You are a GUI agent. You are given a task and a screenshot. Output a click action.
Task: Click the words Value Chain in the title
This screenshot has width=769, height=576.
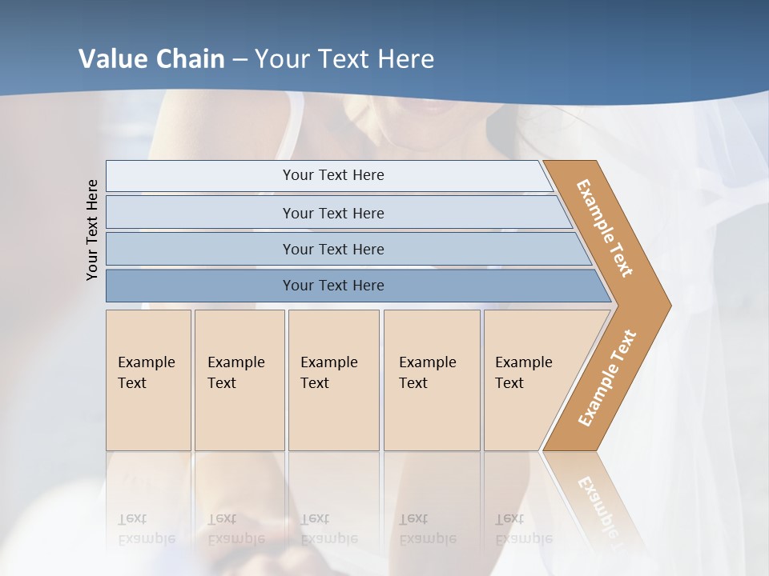(x=151, y=59)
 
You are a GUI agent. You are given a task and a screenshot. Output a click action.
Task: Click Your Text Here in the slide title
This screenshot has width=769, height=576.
(x=344, y=59)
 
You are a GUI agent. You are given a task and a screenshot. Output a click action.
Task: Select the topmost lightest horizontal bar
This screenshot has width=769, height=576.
(x=332, y=175)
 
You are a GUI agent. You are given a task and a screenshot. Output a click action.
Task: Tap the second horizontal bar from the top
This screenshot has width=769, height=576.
(x=332, y=213)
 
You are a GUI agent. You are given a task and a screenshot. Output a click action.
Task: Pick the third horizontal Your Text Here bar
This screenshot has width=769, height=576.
(x=332, y=249)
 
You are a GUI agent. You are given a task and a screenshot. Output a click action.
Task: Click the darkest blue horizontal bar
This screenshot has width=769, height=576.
(x=332, y=286)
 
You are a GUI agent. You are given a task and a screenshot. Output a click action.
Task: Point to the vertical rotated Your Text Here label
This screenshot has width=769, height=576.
(x=93, y=230)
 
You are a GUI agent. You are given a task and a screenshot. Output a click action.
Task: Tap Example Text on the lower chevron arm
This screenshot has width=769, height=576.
(x=607, y=378)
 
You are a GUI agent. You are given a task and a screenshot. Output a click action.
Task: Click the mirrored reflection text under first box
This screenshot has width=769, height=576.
(x=146, y=529)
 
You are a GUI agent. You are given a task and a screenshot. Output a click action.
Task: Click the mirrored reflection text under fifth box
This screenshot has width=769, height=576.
(x=523, y=529)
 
